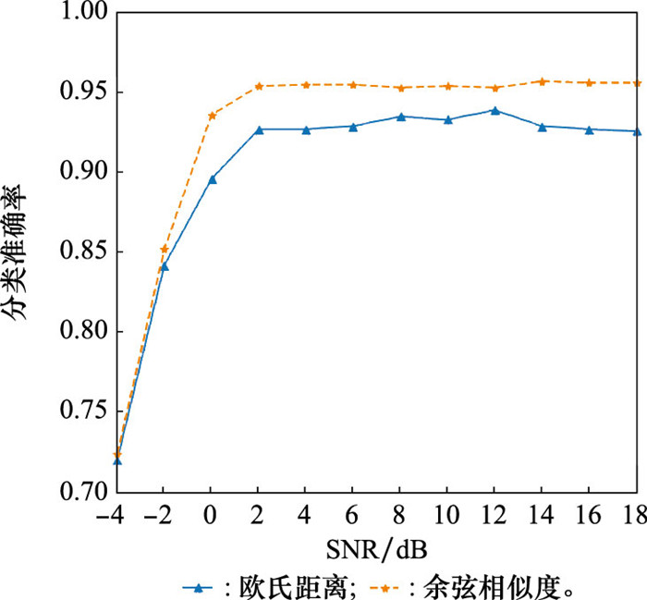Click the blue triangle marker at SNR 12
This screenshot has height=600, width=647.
(495, 110)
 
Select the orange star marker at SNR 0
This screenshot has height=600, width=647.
(212, 116)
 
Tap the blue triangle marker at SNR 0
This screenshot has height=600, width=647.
(212, 179)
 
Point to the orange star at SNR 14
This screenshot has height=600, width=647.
(543, 81)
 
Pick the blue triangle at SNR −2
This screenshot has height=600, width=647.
(165, 266)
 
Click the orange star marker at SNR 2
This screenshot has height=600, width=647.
(259, 86)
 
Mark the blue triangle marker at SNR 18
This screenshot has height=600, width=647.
(637, 131)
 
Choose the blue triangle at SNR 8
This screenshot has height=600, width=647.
(400, 116)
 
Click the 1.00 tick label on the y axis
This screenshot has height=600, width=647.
(82, 13)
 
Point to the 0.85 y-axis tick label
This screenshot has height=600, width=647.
(82, 251)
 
